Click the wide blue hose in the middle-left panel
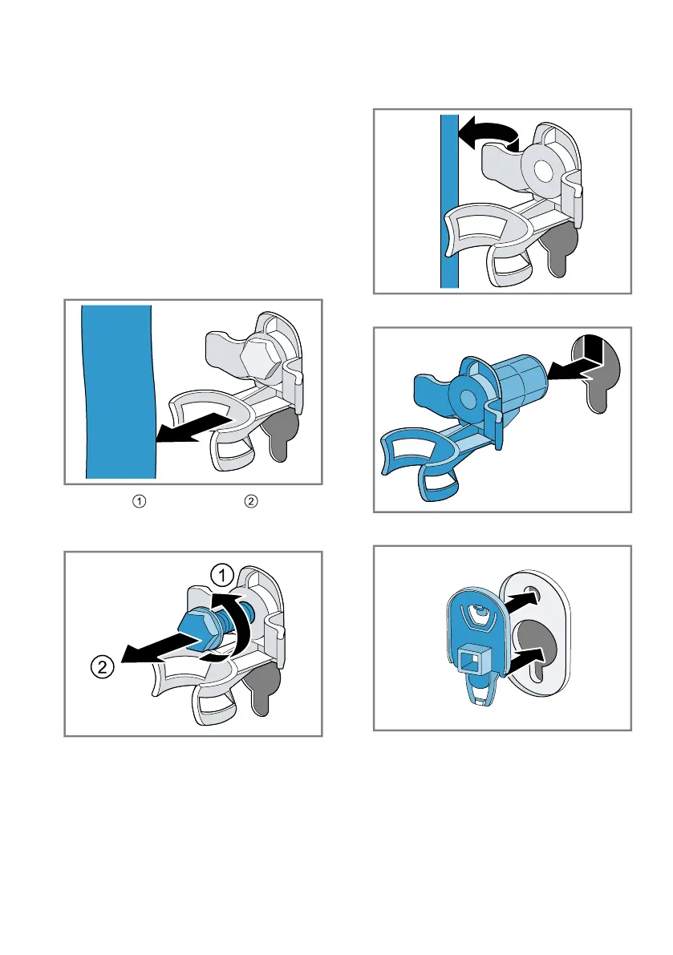pyautogui.click(x=118, y=391)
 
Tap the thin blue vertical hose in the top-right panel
pyautogui.click(x=449, y=201)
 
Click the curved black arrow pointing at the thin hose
pyautogui.click(x=487, y=133)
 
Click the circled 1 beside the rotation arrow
pyautogui.click(x=222, y=575)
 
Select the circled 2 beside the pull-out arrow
pyautogui.click(x=103, y=667)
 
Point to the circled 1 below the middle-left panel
pyautogui.click(x=140, y=501)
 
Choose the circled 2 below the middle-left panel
pyautogui.click(x=251, y=501)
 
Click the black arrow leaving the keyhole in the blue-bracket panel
pyautogui.click(x=576, y=359)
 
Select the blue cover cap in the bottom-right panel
pyautogui.click(x=475, y=645)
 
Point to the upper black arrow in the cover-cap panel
pyautogui.click(x=521, y=604)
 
